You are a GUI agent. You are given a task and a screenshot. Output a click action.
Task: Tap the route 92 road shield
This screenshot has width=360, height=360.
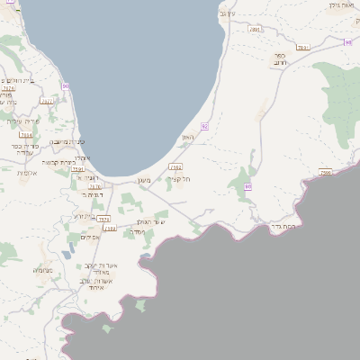tap(205, 127)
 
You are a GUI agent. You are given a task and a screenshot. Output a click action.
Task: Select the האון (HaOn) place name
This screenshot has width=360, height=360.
tap(188, 137)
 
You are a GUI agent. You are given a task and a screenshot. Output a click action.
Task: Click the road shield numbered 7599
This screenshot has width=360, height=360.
tap(326, 172)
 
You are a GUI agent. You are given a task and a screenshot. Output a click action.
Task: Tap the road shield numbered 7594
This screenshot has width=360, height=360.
tap(26, 135)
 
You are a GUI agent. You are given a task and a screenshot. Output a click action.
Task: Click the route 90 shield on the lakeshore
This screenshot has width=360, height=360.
tap(66, 85)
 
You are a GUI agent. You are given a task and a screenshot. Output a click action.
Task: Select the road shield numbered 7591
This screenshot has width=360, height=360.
tap(78, 168)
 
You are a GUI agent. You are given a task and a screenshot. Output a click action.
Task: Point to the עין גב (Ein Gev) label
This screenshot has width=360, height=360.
tap(226, 13)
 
